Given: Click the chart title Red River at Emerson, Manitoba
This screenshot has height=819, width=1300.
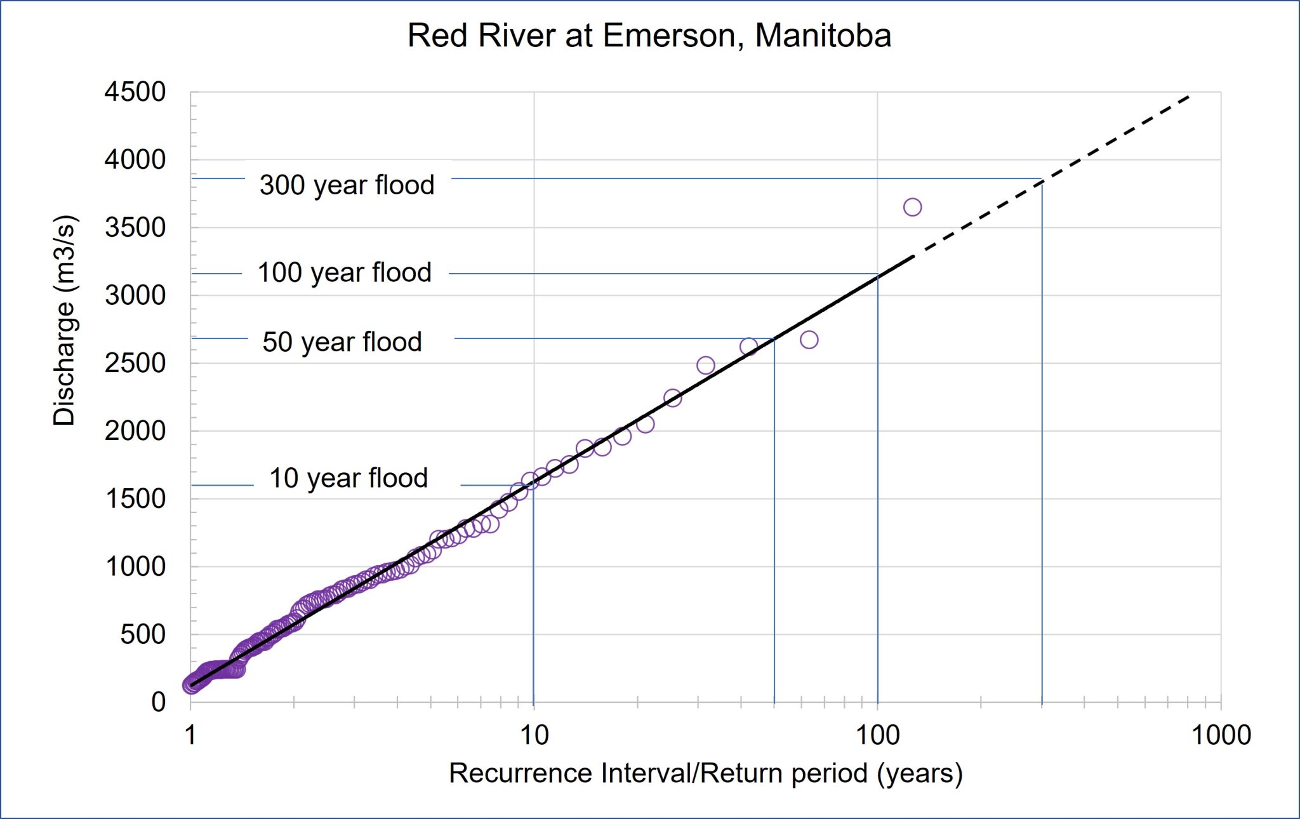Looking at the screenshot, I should point(649,36).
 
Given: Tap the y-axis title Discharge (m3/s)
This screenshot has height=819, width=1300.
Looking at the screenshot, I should point(64,321).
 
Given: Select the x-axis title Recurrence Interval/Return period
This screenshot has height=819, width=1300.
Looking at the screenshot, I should point(705,773).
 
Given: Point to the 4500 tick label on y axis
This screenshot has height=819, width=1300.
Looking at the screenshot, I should point(135,92).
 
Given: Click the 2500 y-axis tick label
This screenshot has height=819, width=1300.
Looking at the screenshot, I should point(135,363).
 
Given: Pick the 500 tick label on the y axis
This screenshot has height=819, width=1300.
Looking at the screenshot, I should point(143,634).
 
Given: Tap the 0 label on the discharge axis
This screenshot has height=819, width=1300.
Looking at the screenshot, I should point(158,702).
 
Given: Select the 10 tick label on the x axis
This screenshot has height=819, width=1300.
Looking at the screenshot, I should point(534,735).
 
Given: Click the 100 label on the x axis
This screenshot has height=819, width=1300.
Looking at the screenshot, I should point(877,735).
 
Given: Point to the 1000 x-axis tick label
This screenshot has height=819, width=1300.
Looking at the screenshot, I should point(1221,735).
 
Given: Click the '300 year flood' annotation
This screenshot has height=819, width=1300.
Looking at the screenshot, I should point(347,185).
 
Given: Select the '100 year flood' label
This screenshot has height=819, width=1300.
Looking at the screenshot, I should point(344,272).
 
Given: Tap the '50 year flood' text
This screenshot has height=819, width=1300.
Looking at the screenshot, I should point(342,342).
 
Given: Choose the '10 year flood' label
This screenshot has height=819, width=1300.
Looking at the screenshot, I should point(348,478).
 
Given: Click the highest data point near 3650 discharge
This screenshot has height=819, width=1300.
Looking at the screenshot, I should point(912,207).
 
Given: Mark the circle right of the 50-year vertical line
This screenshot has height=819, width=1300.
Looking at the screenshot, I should point(809,340).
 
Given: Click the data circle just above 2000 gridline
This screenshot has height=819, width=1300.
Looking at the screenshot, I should point(645,423).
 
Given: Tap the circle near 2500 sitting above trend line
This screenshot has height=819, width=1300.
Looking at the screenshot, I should point(705,365).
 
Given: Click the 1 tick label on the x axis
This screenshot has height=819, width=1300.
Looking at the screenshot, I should point(190,735).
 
